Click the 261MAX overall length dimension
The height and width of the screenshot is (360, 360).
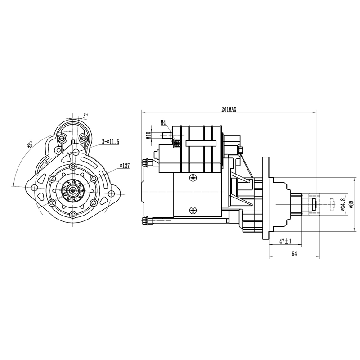(x=229, y=109)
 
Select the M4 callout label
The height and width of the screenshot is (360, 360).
(x=163, y=122)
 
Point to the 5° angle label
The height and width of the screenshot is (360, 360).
(x=85, y=116)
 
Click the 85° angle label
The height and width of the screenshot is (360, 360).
(x=30, y=145)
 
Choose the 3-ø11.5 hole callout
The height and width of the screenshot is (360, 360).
(x=111, y=142)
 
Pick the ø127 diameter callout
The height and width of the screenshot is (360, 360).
(x=125, y=165)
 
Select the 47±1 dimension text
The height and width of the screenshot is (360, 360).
(x=285, y=241)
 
